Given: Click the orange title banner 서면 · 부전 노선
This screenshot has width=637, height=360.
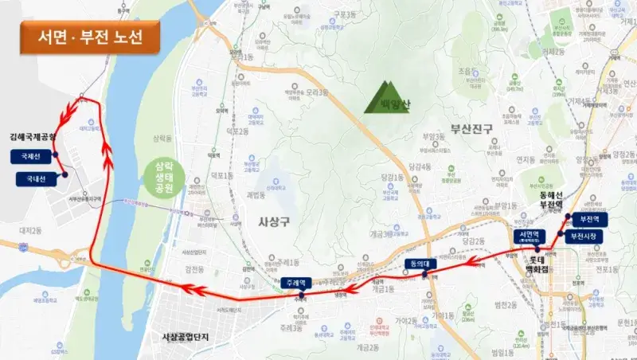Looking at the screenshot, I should (90, 37).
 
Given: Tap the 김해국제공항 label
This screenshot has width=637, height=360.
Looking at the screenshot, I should (33, 137).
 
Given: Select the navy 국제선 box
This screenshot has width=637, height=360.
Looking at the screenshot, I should (31, 157).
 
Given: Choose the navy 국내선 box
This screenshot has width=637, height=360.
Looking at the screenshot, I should (34, 179).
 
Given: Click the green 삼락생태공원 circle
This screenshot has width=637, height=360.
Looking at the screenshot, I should (170, 177).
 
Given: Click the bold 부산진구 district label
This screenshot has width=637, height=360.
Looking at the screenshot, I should (471, 128).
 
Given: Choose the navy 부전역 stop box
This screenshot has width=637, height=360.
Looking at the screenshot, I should (591, 218).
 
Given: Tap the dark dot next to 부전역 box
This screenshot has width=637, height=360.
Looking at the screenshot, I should (567, 217).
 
